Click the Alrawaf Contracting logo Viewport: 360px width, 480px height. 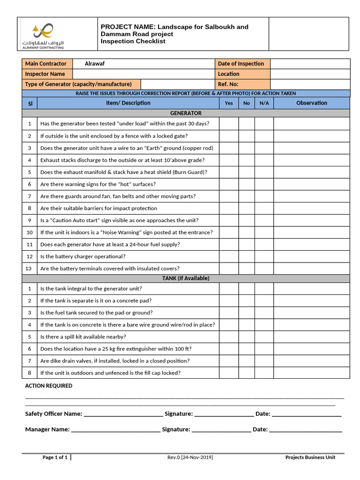point(43,35)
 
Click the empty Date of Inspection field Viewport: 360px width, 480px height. point(309,64)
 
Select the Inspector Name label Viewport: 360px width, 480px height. point(45,74)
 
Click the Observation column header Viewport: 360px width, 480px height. point(311,103)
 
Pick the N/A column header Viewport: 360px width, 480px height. point(264,103)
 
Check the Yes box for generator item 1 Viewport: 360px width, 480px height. point(229,124)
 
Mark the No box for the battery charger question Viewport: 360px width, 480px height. point(247,257)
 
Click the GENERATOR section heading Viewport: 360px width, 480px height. point(186,113)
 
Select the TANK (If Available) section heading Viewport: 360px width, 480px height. point(186,278)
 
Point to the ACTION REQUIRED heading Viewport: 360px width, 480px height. point(49,386)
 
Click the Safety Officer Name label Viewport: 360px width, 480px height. point(53,414)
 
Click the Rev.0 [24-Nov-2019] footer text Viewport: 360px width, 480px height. point(189,457)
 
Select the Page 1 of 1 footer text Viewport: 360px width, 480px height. point(55,457)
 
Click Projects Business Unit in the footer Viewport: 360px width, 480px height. point(310,457)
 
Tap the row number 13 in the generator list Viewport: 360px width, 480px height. point(30,269)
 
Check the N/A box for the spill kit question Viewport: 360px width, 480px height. point(264,337)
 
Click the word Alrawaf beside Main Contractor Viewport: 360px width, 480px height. point(93,64)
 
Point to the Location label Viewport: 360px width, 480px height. point(228,74)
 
